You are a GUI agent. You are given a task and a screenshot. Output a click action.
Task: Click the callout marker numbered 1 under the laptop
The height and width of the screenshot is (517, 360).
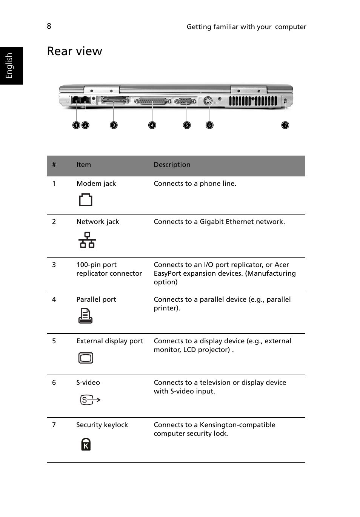point(76,125)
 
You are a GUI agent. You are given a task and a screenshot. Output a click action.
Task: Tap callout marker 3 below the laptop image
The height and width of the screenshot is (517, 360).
point(114,125)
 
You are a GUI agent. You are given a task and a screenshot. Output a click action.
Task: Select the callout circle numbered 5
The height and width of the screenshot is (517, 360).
point(187,125)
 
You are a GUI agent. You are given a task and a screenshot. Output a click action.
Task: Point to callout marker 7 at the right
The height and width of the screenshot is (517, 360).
point(285,125)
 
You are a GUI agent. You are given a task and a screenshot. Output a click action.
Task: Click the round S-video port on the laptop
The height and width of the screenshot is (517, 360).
point(208,101)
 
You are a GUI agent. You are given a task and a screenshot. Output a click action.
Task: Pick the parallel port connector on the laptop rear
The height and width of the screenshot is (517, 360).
point(152,101)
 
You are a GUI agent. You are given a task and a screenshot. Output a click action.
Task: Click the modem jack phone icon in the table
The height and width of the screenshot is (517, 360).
point(86,200)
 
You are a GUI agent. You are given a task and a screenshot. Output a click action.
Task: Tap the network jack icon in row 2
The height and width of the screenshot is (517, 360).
point(87,240)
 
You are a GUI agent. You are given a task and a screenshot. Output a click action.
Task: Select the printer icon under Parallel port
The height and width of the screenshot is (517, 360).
point(85,316)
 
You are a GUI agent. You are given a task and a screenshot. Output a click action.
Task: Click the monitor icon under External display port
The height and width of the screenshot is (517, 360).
point(86,358)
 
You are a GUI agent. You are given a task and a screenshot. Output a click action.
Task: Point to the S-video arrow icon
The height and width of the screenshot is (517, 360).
point(90,400)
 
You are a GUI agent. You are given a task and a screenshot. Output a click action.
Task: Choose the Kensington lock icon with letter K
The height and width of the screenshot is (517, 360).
point(86,444)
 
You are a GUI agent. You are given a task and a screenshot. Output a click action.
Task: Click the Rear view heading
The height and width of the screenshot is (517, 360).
point(75,51)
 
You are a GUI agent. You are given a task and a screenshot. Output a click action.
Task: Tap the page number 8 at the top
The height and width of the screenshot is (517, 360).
point(49,26)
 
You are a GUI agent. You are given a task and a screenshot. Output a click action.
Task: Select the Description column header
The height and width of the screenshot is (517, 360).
point(172,165)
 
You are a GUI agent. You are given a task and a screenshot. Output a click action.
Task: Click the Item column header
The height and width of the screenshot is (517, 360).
point(83,165)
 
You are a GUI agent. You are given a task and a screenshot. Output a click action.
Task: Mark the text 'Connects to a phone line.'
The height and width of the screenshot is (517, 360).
point(195,184)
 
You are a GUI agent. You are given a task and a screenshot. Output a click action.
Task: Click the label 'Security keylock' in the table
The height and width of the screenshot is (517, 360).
point(102,425)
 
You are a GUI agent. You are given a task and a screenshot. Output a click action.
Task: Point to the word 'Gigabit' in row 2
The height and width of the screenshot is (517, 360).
point(213,222)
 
